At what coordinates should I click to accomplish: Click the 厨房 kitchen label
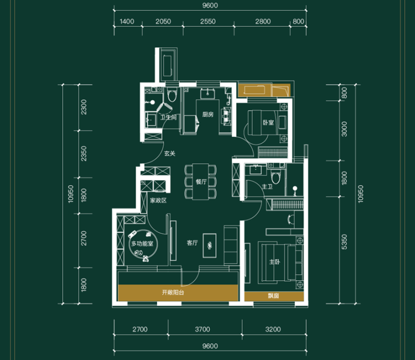click(x=208, y=114)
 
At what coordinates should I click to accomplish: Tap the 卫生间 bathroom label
click(x=168, y=117)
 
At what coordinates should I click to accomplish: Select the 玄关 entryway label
click(x=170, y=154)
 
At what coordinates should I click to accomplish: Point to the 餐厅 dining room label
click(x=201, y=182)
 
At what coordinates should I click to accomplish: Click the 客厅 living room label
click(x=192, y=243)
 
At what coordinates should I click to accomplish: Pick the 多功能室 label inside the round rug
click(x=142, y=243)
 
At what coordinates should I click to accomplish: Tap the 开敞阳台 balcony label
click(x=173, y=293)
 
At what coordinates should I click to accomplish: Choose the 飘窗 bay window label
click(x=274, y=296)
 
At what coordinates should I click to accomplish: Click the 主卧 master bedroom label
click(x=274, y=262)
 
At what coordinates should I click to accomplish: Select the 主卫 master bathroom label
click(x=267, y=187)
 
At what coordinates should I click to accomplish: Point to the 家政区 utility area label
click(x=158, y=201)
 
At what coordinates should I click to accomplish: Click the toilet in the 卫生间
click(x=172, y=95)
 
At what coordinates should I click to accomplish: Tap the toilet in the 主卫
click(x=276, y=177)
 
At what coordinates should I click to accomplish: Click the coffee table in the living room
click(x=210, y=246)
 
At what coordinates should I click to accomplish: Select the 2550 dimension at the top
click(x=208, y=21)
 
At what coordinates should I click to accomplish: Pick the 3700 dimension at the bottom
click(x=202, y=329)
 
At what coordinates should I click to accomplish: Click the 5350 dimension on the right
click(x=344, y=242)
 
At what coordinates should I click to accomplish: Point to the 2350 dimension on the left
click(x=84, y=154)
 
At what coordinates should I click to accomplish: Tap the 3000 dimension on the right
click(x=344, y=129)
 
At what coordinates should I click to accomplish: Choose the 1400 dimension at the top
click(x=127, y=21)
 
